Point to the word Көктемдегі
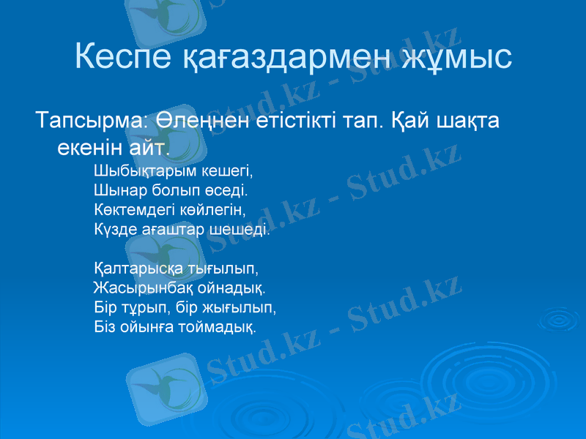point(136,211)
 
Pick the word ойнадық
point(234,288)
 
